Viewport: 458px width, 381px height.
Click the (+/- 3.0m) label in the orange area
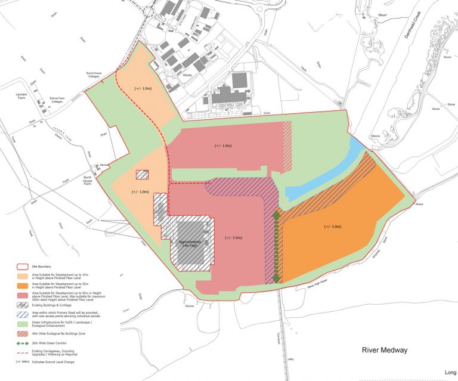[332, 227]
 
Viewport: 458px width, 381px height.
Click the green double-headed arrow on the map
[276, 246]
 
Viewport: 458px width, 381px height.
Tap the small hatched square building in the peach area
[142, 175]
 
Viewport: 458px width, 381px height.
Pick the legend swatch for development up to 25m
[23, 284]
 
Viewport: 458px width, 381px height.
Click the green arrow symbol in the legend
[23, 344]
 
